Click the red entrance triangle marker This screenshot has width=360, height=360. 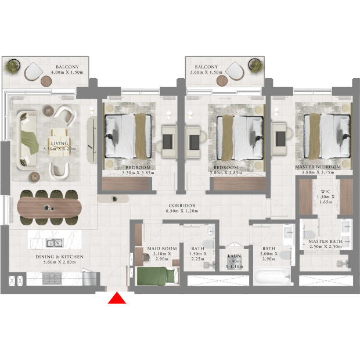point(117,298)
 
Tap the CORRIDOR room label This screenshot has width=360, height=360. point(182,206)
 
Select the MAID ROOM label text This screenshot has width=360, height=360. point(162,249)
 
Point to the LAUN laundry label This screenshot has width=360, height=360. point(234,255)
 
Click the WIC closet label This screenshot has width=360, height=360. point(326,192)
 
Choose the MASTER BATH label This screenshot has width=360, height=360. point(325,242)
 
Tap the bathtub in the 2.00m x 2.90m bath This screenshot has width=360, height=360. point(272,276)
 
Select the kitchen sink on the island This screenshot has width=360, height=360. point(55,243)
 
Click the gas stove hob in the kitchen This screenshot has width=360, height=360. point(52,279)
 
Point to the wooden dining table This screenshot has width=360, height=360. point(49,208)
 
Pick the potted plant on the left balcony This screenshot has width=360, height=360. point(12,66)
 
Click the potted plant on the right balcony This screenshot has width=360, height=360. point(255,66)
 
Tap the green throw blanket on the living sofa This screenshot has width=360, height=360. point(30,142)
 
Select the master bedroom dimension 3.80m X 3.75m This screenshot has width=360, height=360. point(318,172)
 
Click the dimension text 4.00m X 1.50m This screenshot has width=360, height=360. point(67,72)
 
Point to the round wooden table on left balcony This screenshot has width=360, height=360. point(46,81)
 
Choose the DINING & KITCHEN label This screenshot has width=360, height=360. point(59,257)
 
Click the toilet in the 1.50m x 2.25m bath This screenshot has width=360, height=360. point(208,244)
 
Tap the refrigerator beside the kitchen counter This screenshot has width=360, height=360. point(89,278)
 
